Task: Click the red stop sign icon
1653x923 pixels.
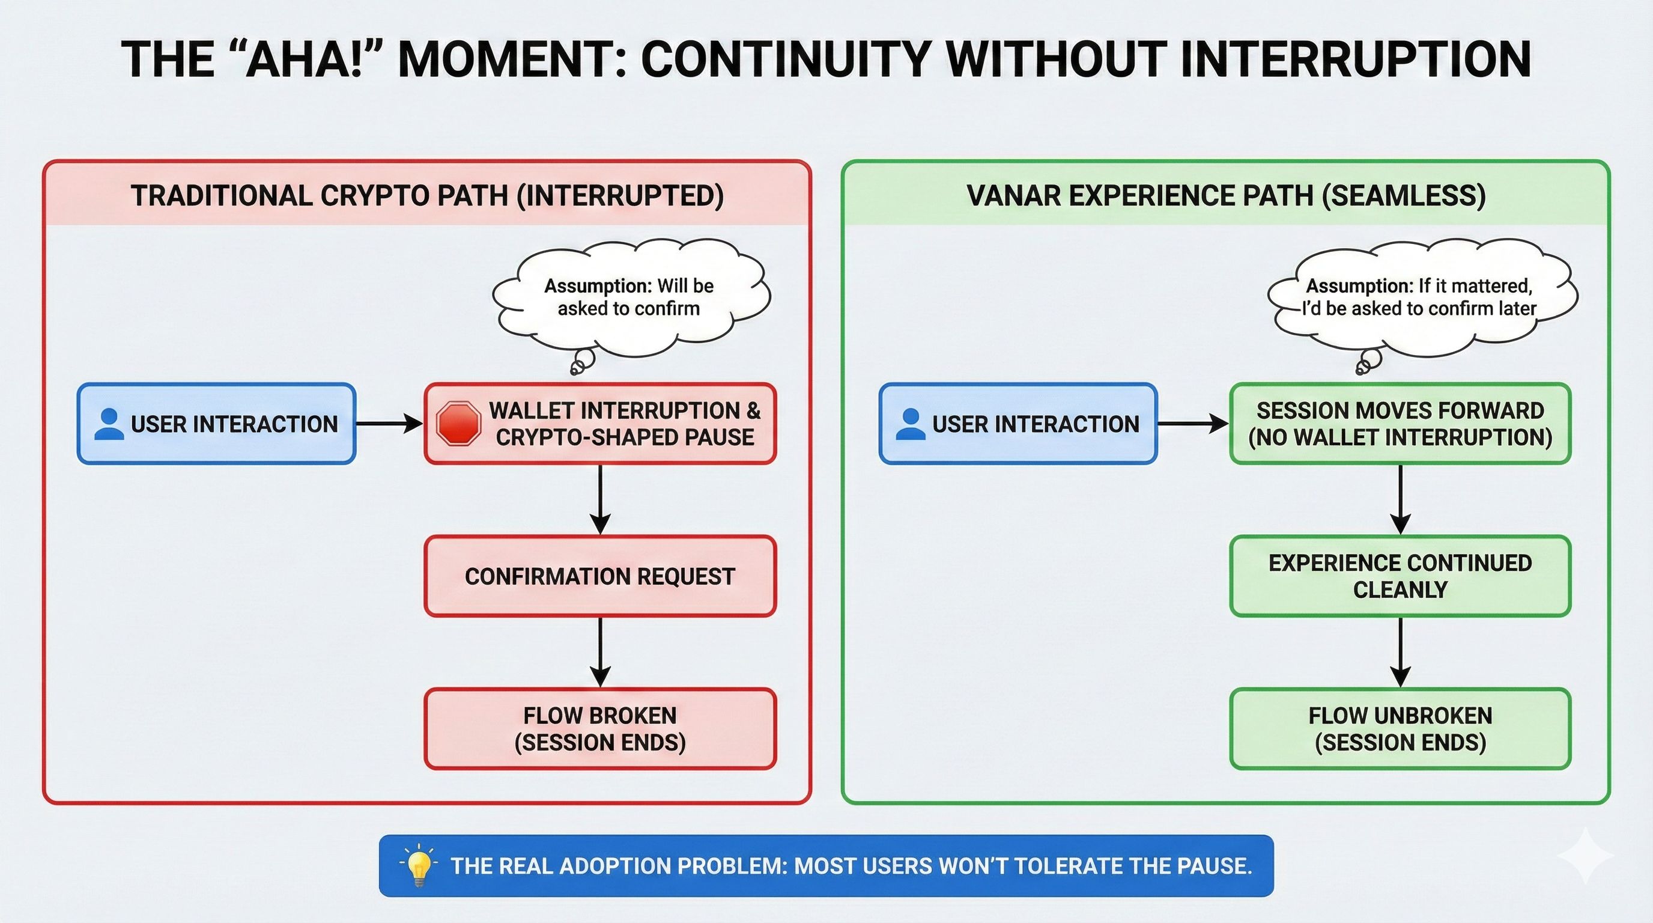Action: coord(458,424)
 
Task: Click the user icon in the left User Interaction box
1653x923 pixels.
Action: coord(109,424)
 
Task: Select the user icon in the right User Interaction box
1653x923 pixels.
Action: coord(910,424)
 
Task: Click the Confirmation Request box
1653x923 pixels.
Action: coord(600,576)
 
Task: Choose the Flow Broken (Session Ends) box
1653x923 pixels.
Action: coord(600,728)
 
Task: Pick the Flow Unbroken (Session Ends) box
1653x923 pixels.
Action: coord(1400,728)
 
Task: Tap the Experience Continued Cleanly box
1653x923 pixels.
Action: coord(1400,576)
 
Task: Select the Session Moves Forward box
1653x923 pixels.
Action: coord(1400,424)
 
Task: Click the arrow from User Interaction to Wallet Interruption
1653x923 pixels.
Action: coord(389,424)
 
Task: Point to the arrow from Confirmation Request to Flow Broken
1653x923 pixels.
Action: coord(600,651)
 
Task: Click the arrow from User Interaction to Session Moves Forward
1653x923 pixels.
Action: coord(1192,424)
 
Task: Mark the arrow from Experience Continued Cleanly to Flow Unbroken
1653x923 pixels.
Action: coord(1400,651)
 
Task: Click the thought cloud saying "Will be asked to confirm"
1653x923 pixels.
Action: coord(629,297)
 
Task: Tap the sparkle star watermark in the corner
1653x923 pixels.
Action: coord(1585,855)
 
